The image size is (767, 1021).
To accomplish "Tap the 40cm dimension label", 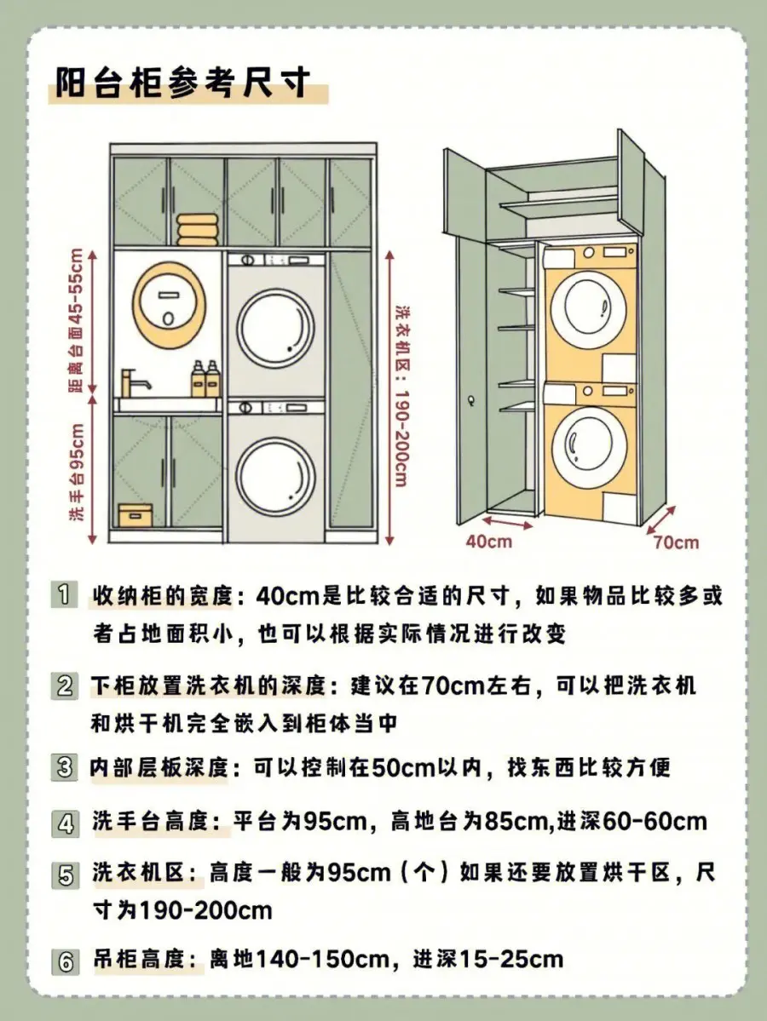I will point(488,541).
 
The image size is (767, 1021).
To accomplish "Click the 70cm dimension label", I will point(676,542).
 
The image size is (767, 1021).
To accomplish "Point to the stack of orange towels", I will point(196,230).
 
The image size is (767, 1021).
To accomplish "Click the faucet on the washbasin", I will point(134,381).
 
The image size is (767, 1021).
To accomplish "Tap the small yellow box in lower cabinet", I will point(136,514).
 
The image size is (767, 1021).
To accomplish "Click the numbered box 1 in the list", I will point(64,595).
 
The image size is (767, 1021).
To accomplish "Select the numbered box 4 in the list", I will point(65,823).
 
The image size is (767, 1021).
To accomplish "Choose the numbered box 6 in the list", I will point(65,961).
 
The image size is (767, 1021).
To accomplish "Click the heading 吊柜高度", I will point(138,960).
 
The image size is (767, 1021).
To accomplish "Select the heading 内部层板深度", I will point(159,767).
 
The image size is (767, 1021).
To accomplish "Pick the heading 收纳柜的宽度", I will point(160,595).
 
